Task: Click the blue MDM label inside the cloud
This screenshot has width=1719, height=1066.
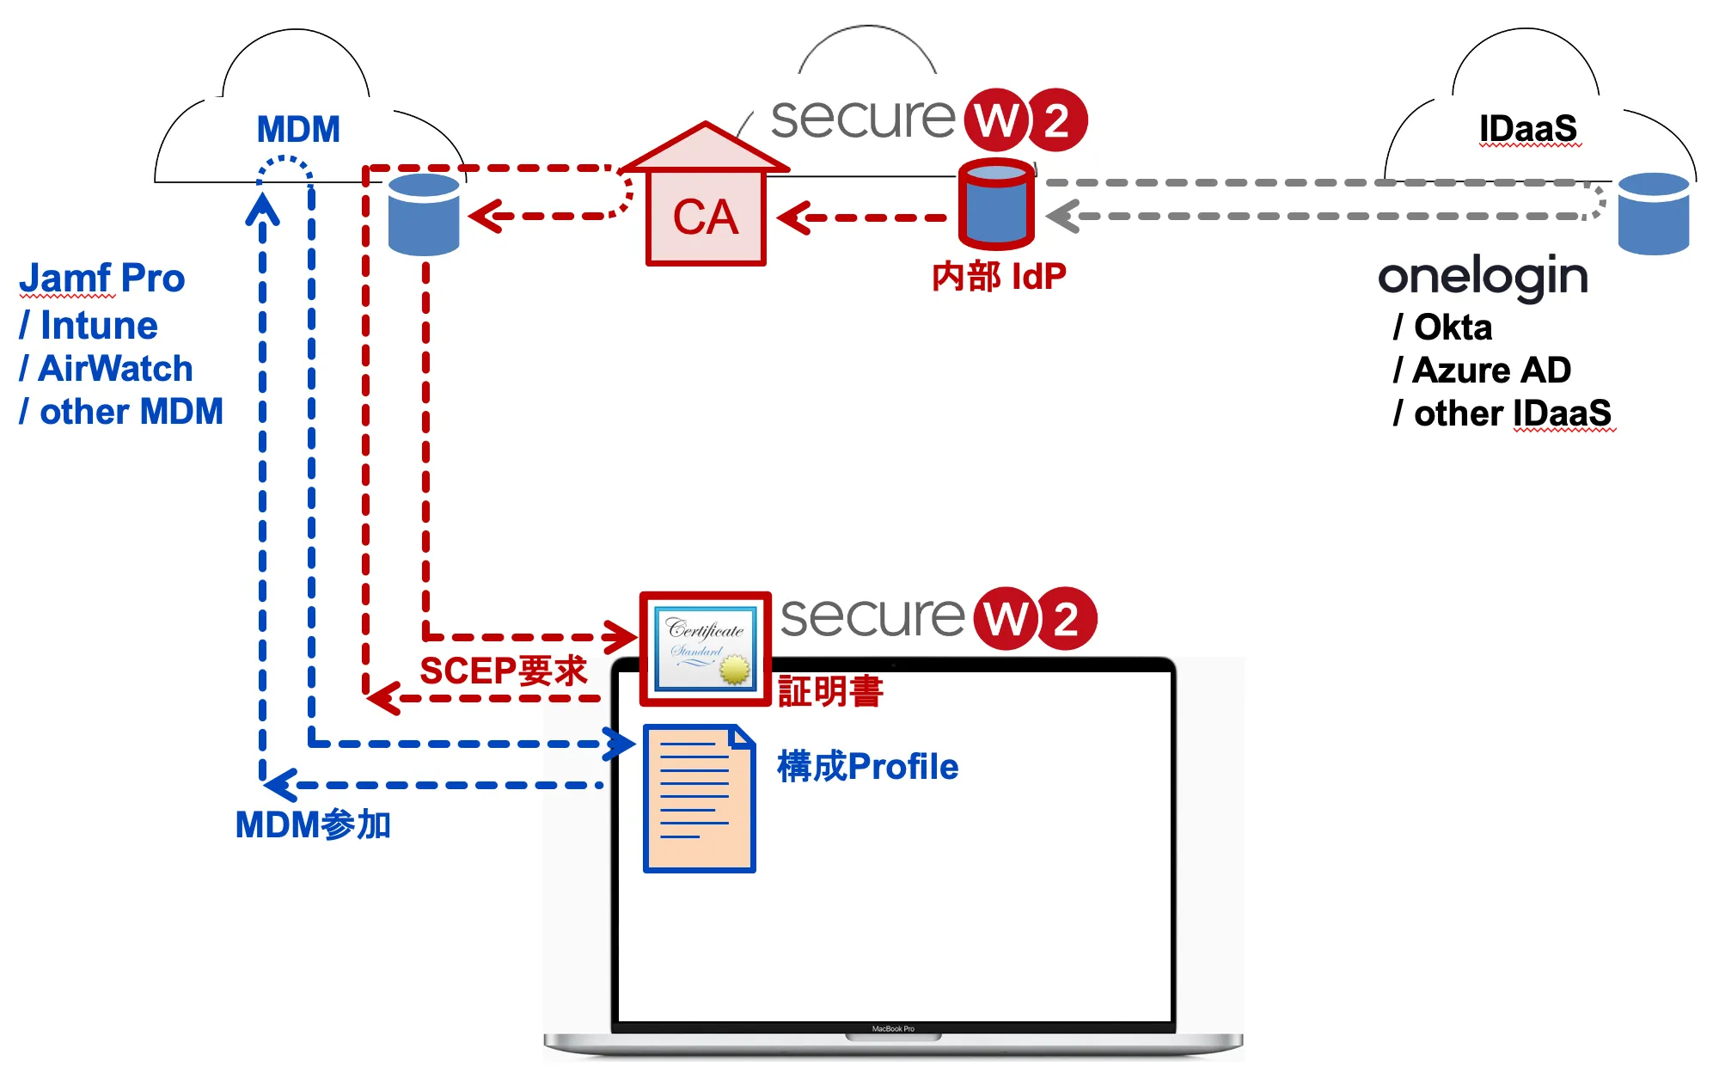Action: (x=298, y=130)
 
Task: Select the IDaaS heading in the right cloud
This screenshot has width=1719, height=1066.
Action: (x=1527, y=129)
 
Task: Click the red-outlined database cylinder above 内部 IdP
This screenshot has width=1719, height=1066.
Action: (x=996, y=204)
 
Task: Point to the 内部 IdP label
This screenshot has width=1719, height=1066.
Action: (x=999, y=277)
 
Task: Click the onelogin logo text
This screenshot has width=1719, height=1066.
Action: (x=1483, y=277)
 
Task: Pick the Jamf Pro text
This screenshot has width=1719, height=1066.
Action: (x=102, y=279)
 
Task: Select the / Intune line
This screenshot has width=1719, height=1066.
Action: (x=89, y=326)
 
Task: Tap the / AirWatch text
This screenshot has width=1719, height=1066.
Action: (x=106, y=369)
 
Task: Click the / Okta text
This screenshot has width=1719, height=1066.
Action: (x=1443, y=328)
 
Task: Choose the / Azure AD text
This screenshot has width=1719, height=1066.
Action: (x=1483, y=371)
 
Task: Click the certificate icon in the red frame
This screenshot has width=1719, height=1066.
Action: (x=705, y=649)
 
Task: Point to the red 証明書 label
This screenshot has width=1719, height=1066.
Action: (x=830, y=692)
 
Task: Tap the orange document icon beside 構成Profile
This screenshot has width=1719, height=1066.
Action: (x=699, y=799)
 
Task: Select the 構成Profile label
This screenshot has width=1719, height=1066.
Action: (x=867, y=767)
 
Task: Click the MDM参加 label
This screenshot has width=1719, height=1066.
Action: (x=313, y=825)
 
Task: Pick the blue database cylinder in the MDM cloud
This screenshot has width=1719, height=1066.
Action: (x=424, y=214)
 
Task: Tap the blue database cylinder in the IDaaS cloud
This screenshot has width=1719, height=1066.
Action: (x=1653, y=213)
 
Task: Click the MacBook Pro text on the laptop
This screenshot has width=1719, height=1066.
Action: (x=893, y=1029)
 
